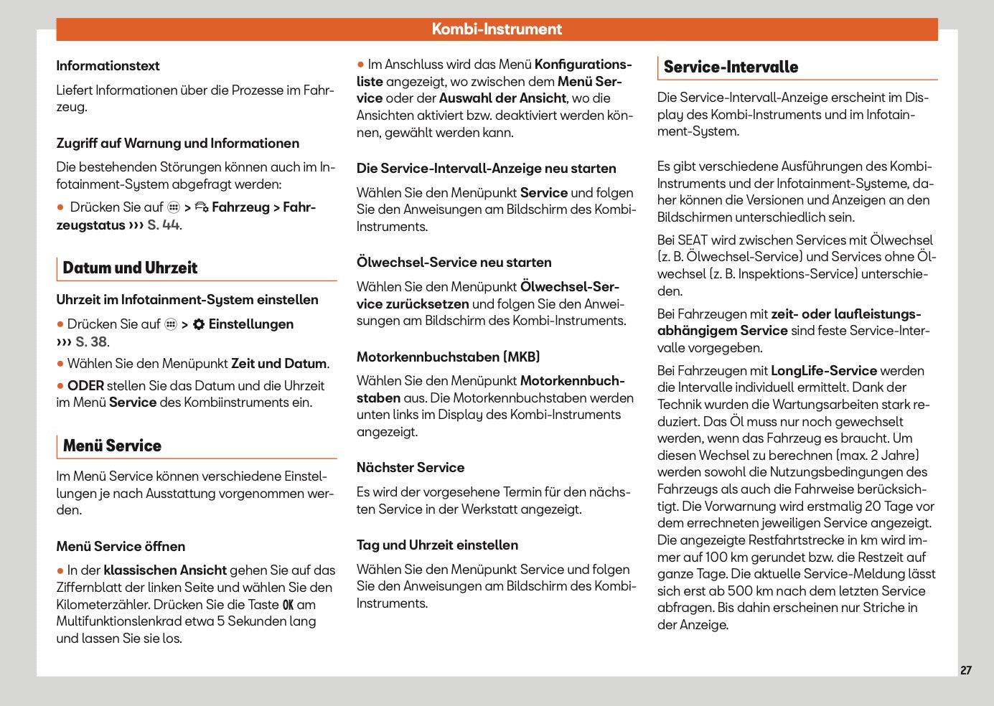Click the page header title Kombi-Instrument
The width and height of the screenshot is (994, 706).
[x=497, y=29]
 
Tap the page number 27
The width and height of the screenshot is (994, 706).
[x=965, y=670]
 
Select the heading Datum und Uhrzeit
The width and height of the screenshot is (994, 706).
[x=130, y=268]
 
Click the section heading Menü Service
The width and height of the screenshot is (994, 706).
[x=112, y=446]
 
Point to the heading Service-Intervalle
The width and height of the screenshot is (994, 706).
[x=730, y=67]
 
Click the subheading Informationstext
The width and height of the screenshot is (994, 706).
[x=108, y=66]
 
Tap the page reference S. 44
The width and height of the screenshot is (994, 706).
[x=164, y=225]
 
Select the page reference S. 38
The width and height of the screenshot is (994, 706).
[x=92, y=342]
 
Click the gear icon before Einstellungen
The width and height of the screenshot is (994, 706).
[x=199, y=324]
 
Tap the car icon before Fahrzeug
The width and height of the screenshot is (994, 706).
[x=202, y=207]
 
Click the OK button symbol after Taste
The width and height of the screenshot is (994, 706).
[x=288, y=605]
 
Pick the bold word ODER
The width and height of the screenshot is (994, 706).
[x=85, y=386]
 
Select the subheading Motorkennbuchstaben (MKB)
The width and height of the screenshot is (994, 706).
[x=448, y=357]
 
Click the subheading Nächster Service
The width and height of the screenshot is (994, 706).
[x=410, y=468]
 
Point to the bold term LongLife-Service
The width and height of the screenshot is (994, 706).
[x=823, y=371]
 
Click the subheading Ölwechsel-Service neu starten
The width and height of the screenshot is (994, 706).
[x=454, y=263]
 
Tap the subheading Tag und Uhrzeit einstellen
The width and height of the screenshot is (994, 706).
[x=437, y=545]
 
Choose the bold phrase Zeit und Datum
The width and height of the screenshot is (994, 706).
[x=278, y=364]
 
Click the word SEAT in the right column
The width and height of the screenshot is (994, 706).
[x=693, y=240]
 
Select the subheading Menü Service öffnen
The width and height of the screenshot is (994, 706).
[x=121, y=547]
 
